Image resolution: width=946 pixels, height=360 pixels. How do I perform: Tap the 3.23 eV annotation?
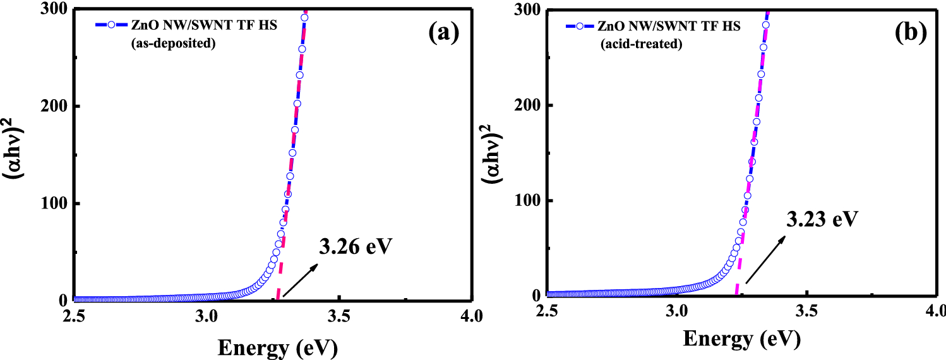pyautogui.click(x=822, y=220)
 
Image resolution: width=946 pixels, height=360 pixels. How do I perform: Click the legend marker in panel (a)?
pyautogui.click(x=111, y=25)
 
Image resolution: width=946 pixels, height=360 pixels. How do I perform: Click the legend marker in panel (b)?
pyautogui.click(x=580, y=25)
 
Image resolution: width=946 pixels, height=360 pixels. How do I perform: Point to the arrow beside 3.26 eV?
pyautogui.click(x=300, y=280)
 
